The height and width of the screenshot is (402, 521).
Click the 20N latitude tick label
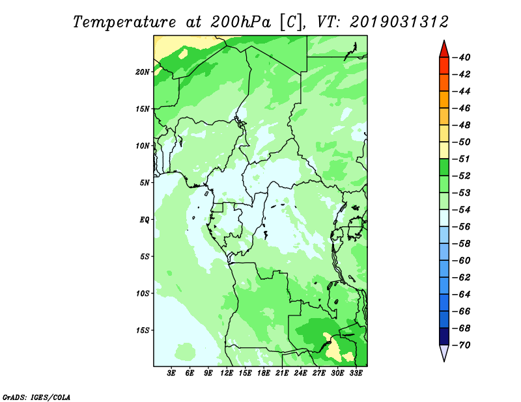(x=143, y=72)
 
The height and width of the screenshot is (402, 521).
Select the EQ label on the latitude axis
(x=145, y=220)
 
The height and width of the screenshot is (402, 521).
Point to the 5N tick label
(x=145, y=183)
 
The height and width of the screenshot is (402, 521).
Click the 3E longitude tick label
(x=171, y=373)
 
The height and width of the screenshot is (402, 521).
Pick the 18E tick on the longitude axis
(x=264, y=373)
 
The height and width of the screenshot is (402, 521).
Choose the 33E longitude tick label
(x=356, y=373)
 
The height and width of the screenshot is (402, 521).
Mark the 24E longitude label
(x=300, y=373)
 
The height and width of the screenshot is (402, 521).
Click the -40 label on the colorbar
(x=462, y=57)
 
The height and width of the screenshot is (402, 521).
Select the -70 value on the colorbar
(x=462, y=345)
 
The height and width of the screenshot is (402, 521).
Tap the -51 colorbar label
(x=462, y=159)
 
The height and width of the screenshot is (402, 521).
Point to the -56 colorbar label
(x=462, y=227)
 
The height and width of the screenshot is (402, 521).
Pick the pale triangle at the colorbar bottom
(x=444, y=352)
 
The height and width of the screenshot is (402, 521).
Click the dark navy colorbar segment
(x=444, y=336)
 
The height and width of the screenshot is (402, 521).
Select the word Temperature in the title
(x=124, y=23)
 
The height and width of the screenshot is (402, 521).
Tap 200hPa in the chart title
(x=240, y=23)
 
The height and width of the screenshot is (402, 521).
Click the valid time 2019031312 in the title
(x=399, y=22)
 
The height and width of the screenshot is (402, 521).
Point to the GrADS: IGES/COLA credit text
(x=36, y=397)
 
